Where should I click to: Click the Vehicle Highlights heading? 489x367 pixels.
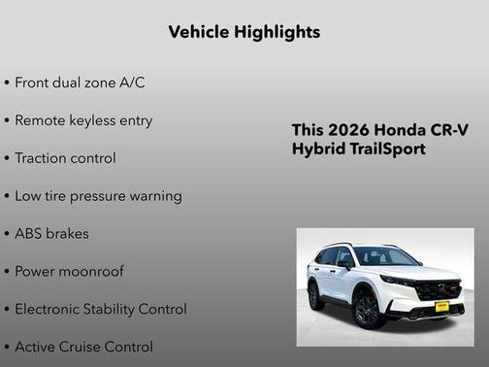(x=244, y=32)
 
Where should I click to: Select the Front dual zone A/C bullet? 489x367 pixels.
(x=80, y=83)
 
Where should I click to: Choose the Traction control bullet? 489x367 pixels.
(x=65, y=158)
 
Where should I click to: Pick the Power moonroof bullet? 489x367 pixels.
(x=69, y=272)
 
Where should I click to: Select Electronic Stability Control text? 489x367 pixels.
(x=100, y=310)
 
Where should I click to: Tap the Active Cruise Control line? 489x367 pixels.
(x=83, y=347)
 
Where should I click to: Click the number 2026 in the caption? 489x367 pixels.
(x=345, y=130)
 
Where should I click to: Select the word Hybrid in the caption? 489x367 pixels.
(x=318, y=150)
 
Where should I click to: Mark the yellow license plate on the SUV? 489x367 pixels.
(x=441, y=306)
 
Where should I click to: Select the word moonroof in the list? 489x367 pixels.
(x=90, y=272)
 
